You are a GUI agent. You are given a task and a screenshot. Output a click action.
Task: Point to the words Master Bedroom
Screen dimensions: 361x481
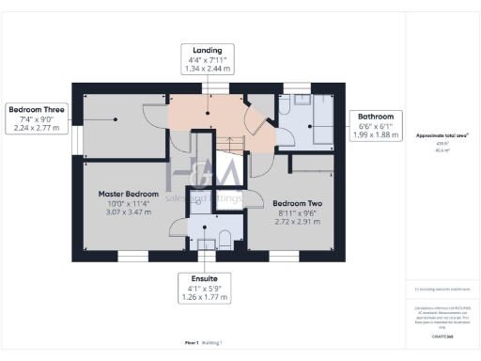coord(129,194)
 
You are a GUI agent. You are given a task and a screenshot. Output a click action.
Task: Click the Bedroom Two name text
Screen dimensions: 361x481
coord(296,203)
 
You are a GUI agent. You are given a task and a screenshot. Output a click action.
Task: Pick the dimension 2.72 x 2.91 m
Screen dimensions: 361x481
coord(296,224)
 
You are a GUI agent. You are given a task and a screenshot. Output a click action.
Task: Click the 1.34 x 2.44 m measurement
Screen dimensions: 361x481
coord(207,69)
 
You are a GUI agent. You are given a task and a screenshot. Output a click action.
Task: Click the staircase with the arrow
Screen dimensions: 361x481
coord(230,142)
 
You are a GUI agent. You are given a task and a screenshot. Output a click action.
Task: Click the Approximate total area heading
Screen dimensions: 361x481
coord(442,135)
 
